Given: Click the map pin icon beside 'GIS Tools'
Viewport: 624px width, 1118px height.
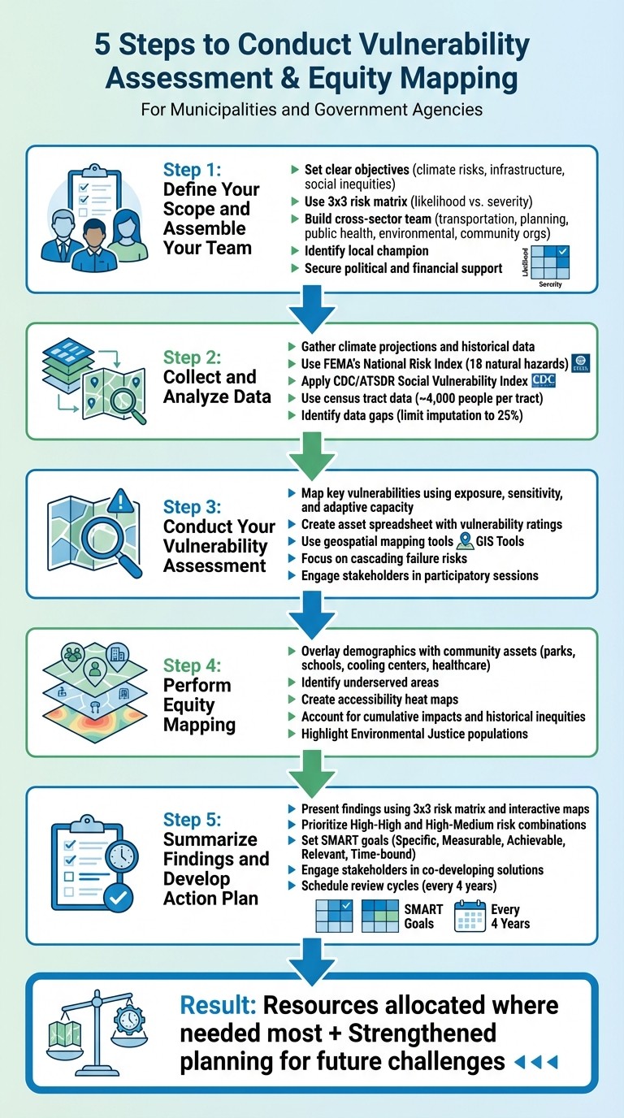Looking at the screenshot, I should point(465,540).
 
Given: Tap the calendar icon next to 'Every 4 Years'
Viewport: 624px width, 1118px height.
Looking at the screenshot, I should point(470,915).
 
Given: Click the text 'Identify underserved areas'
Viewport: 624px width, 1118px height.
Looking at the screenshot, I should point(370,682).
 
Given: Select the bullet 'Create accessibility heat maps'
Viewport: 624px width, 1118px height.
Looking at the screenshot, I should point(379,700).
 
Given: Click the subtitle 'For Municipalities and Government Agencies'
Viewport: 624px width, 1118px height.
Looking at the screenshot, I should point(311,109).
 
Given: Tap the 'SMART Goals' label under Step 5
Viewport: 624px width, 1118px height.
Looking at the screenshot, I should point(423,916).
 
